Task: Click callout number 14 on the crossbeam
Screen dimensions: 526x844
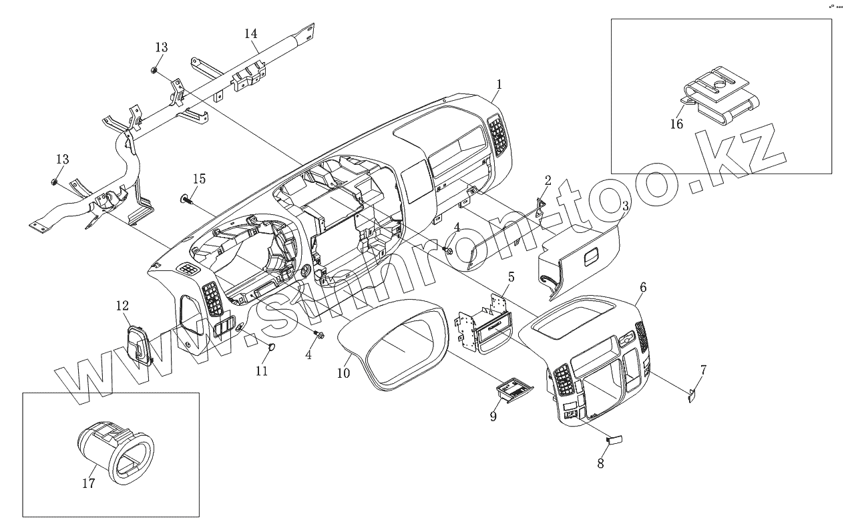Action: point(250,33)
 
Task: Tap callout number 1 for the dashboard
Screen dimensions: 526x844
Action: point(499,84)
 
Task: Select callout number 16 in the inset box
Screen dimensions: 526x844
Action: point(676,123)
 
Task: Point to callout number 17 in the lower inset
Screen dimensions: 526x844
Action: point(89,483)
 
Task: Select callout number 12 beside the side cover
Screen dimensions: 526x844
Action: point(122,306)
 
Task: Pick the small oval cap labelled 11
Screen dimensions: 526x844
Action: point(272,346)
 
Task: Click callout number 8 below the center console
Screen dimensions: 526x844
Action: point(600,463)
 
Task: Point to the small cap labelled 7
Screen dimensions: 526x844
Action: point(692,395)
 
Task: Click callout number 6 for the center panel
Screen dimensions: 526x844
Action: point(643,287)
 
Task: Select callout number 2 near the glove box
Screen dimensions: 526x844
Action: point(548,180)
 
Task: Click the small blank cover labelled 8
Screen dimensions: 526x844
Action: point(614,439)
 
